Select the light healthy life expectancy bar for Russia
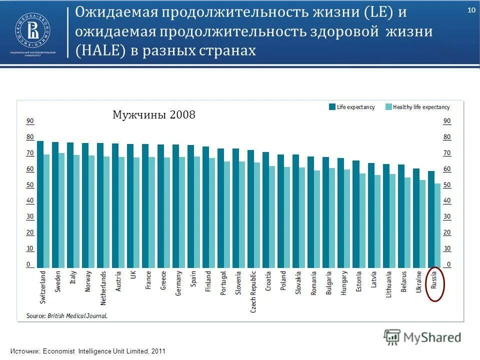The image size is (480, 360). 438,225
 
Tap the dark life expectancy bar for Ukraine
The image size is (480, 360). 416,218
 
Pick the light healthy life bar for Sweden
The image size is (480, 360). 61,210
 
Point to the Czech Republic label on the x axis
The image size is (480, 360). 253,291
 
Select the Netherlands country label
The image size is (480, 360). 103,288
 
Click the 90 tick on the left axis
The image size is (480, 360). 30,121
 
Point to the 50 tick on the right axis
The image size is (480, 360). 447,185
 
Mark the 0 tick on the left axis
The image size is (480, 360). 28,264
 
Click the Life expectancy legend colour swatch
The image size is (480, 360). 332,107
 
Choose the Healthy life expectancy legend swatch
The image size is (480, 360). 388,107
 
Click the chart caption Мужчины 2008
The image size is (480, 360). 153,115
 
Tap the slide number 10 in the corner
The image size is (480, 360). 471,11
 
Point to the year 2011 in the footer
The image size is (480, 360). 157,351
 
